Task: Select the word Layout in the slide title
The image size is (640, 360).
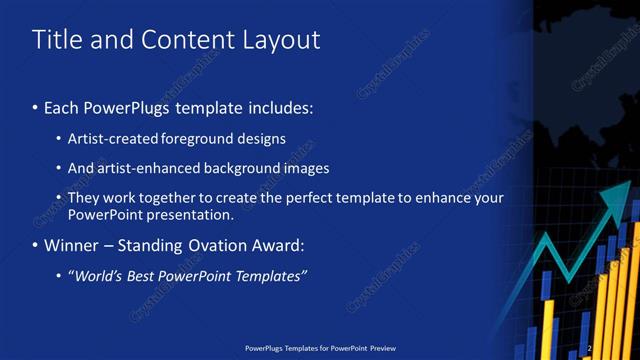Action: [x=282, y=40]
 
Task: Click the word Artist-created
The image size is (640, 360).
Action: [x=112, y=138]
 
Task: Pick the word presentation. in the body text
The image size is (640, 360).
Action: [x=189, y=214]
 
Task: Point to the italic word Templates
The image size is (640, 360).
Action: [x=270, y=276]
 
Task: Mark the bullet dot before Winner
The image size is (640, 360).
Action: [x=36, y=246]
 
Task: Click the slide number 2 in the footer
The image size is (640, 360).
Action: [x=590, y=349]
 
